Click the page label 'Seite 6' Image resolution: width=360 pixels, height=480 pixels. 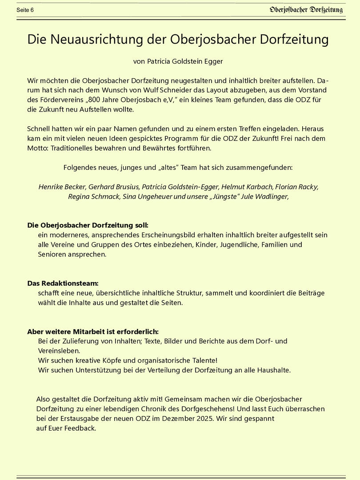click(25, 10)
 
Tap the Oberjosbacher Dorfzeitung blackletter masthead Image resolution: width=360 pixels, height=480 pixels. click(306, 10)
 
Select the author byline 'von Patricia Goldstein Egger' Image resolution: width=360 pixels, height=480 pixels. click(178, 61)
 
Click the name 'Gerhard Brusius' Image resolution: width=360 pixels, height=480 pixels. click(113, 187)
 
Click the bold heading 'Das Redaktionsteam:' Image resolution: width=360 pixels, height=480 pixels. click(63, 283)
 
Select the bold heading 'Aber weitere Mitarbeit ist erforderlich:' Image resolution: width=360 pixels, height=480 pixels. click(93, 332)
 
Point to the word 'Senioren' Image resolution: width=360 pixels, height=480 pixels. click(53, 255)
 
